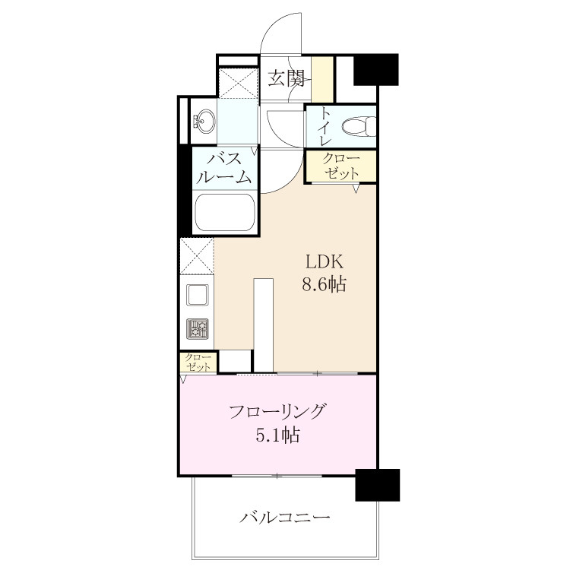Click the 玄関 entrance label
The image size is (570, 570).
(286, 78)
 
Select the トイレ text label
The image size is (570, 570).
(325, 127)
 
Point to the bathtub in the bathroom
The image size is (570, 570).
(224, 212)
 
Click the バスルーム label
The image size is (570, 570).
(226, 168)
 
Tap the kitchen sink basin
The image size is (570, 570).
(198, 295)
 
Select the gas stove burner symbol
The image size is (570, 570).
(198, 328)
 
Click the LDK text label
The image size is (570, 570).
(325, 261)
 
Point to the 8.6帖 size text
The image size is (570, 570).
(324, 284)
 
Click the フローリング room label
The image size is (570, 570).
(277, 412)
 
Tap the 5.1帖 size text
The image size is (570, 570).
(277, 435)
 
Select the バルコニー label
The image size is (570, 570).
(285, 517)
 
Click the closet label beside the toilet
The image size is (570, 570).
(341, 166)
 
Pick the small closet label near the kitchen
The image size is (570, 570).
(198, 363)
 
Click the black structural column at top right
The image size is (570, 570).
(376, 70)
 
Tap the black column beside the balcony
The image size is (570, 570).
(377, 486)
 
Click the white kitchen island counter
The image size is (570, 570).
(264, 326)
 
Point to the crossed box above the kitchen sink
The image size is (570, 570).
(197, 256)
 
